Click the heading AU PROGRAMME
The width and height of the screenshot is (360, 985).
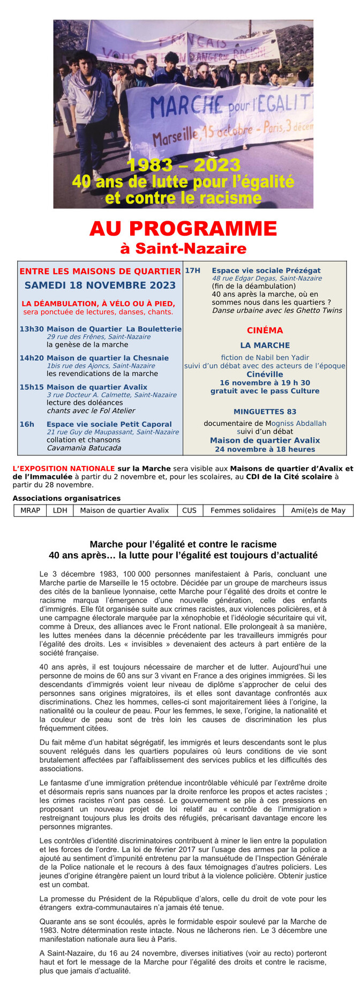click(x=183, y=229)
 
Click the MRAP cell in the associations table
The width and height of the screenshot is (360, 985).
click(x=30, y=510)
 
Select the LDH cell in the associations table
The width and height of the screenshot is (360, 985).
click(x=60, y=510)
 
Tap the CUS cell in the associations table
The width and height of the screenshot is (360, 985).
click(x=189, y=510)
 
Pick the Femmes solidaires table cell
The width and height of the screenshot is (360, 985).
click(x=243, y=510)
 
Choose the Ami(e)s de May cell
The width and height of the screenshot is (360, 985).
click(x=318, y=510)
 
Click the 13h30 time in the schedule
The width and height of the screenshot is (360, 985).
click(x=32, y=329)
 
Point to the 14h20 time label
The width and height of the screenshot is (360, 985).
click(x=32, y=358)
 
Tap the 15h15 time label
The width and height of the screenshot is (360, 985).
click(x=32, y=387)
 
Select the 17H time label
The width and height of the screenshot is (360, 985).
click(x=192, y=270)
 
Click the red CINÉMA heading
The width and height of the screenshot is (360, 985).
click(x=265, y=330)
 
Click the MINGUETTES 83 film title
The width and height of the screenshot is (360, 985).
click(x=265, y=412)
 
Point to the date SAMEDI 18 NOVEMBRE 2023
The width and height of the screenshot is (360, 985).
click(x=100, y=285)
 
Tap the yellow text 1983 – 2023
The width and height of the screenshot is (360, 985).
click(x=183, y=165)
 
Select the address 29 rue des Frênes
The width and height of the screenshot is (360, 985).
click(x=99, y=337)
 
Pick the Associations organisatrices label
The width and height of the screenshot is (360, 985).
click(x=66, y=498)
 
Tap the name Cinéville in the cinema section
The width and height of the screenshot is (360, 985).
click(x=265, y=374)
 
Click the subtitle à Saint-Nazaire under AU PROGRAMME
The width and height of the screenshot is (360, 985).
click(x=183, y=249)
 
